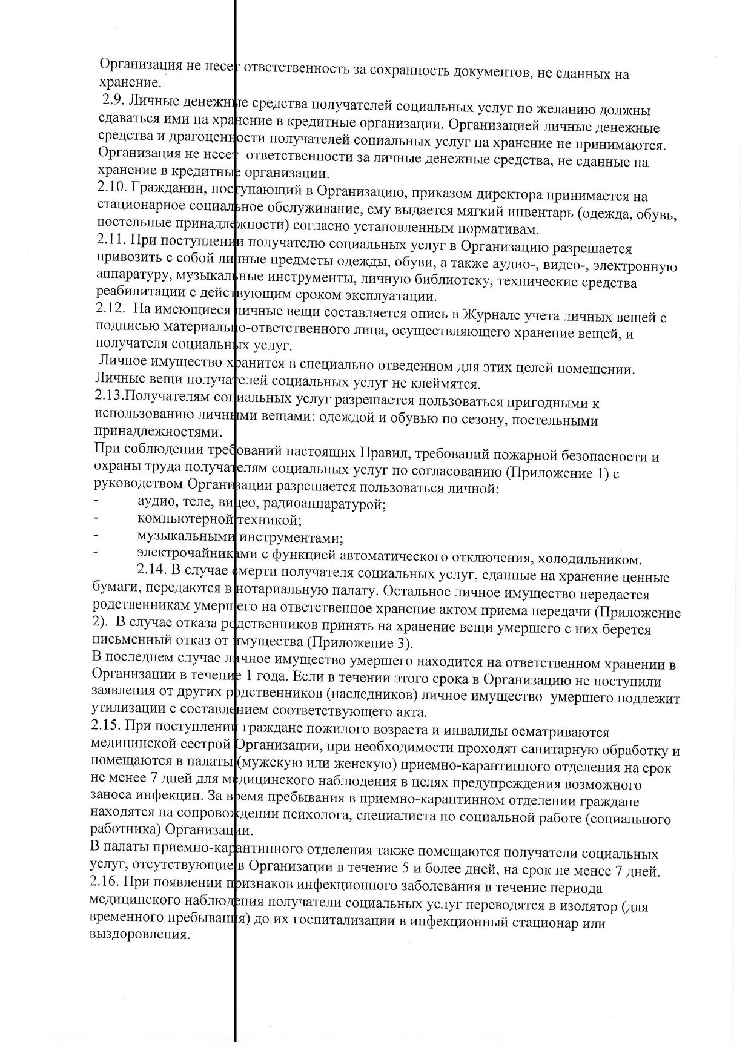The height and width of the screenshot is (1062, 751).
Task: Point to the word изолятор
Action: pos(578,906)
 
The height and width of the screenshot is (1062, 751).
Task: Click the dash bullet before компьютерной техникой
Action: pos(95,518)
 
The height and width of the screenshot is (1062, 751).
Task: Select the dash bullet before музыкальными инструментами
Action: pos(95,536)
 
